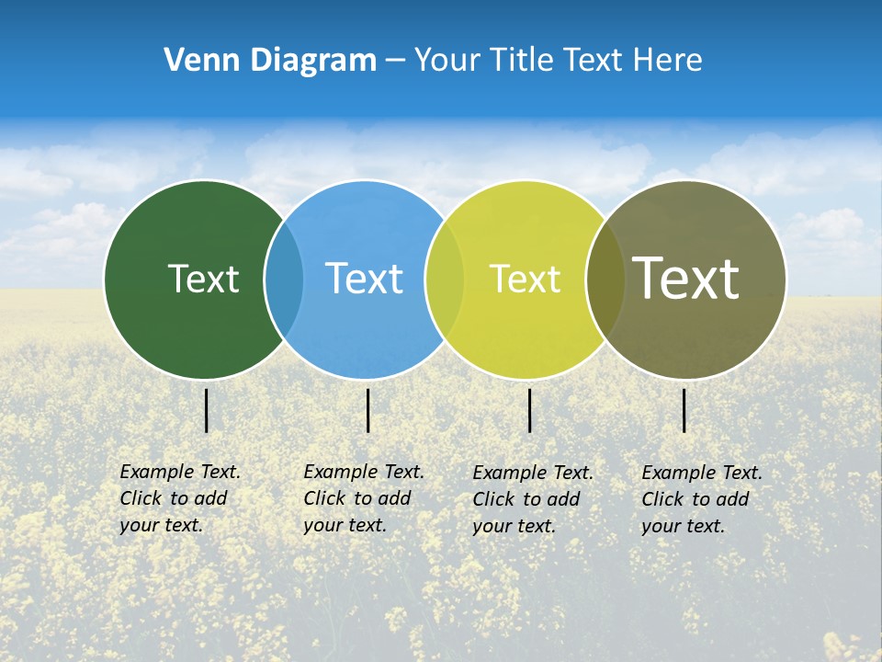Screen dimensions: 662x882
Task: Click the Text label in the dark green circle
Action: pos(203,279)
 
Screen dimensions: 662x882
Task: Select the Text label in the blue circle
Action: pos(364,279)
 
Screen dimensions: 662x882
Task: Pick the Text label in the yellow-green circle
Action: pos(525,279)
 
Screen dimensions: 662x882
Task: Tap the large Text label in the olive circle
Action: pos(686,279)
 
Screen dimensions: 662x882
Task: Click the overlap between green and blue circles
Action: pos(284,279)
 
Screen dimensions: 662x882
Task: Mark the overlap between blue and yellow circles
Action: pos(445,279)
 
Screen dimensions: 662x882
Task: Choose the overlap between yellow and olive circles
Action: pos(605,279)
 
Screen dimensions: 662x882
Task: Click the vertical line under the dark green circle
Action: pos(207,410)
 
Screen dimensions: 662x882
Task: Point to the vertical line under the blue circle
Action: pos(367,410)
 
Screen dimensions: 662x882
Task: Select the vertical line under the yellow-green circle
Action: pos(530,410)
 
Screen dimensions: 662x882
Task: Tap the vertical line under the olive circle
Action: pos(684,410)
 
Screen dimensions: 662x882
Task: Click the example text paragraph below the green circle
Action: pos(179,498)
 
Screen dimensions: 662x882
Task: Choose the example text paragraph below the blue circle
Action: pos(363,498)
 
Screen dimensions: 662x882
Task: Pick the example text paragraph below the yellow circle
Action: pos(532,499)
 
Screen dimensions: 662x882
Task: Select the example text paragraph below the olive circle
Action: pos(701,499)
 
